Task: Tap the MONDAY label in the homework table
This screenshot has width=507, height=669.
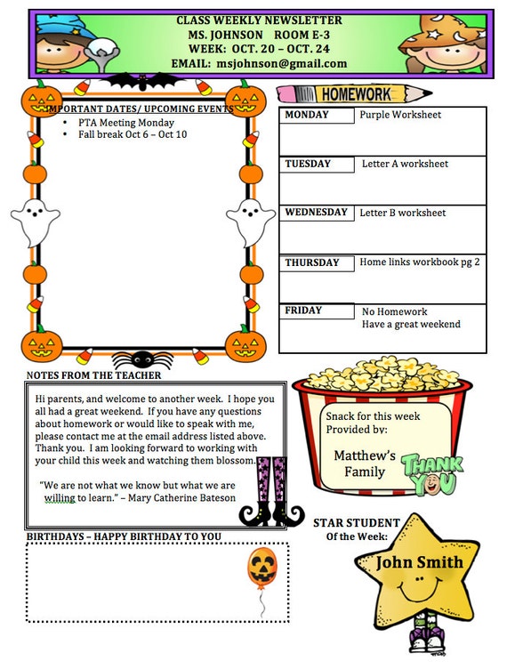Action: coord(307,115)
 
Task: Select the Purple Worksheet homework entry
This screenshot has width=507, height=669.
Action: coord(400,115)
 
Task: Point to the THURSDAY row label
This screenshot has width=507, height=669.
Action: coord(312,262)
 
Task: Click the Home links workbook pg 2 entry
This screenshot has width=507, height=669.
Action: coord(420,262)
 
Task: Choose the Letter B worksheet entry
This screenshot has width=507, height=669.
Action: coord(403,214)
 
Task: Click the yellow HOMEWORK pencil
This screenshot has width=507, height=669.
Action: coord(354,93)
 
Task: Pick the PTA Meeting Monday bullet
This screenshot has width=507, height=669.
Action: coord(125,123)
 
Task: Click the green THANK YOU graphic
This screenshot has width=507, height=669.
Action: coord(432,473)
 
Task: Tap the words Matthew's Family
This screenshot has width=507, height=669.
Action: coord(365,463)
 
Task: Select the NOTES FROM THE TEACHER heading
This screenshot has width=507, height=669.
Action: coord(94,375)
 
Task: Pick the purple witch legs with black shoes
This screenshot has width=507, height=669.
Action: coord(272,489)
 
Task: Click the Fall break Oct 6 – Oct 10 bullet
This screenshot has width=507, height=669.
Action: coord(133,134)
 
